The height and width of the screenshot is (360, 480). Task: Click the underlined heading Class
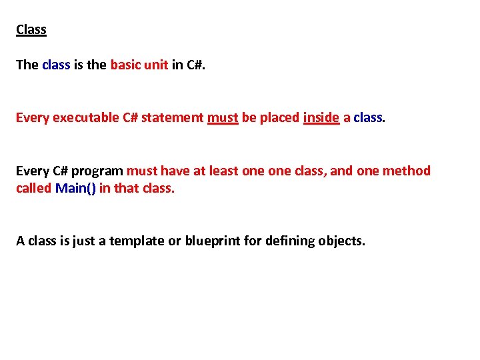31,30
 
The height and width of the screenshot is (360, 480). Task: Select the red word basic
125,65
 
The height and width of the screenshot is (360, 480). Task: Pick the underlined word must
223,118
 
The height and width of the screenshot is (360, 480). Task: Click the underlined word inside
321,118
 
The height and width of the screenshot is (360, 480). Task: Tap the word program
99,171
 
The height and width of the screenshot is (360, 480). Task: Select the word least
224,171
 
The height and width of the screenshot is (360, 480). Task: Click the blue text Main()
76,188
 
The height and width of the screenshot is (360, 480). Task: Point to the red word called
34,188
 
